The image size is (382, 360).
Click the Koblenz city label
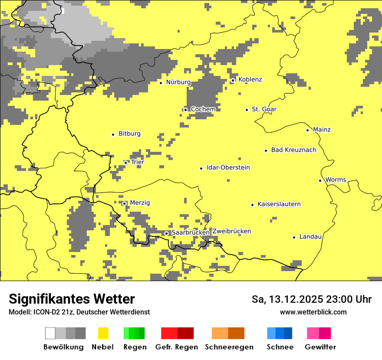[x=250, y=79]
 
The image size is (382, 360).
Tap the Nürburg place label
[x=178, y=82]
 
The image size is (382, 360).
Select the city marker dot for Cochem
[x=185, y=110]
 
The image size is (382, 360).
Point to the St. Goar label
[x=264, y=109]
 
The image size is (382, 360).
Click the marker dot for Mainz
[x=307, y=130]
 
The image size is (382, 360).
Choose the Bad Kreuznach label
[x=293, y=150]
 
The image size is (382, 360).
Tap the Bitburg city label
[x=129, y=134]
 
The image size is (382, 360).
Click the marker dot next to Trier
[x=125, y=163]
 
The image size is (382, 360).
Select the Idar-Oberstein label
[x=228, y=168]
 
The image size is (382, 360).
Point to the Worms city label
[x=336, y=180]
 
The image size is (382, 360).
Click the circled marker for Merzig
[x=124, y=203]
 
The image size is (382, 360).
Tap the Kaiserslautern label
[x=279, y=204]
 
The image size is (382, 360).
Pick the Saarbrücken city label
[x=191, y=233]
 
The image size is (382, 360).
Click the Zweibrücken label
[x=231, y=231]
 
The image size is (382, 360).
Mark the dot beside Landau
[x=294, y=237]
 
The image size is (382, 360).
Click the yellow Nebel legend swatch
[x=103, y=333]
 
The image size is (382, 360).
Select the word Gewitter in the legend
[x=320, y=347]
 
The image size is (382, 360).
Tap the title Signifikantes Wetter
[x=72, y=299]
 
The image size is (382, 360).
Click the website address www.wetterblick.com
[x=313, y=312]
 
